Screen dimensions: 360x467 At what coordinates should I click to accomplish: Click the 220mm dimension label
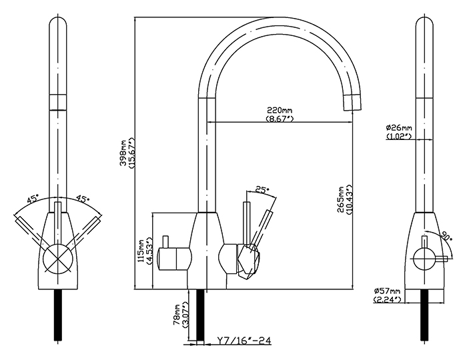[x=280, y=110]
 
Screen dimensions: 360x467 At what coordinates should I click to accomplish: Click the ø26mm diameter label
[x=399, y=128]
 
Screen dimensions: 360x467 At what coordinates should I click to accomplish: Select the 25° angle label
[x=262, y=190]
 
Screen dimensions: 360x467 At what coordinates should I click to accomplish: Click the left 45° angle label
[x=33, y=199]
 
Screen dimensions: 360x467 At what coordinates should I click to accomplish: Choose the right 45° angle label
[x=83, y=199]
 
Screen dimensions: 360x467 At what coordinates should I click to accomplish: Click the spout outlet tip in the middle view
[x=352, y=102]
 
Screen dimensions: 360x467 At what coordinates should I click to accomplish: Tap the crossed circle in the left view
[x=57, y=258]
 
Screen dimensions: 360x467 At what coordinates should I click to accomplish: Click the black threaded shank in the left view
[x=57, y=316]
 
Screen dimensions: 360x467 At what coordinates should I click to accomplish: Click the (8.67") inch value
[x=280, y=119]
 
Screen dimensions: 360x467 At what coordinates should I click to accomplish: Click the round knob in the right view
[x=424, y=255]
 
